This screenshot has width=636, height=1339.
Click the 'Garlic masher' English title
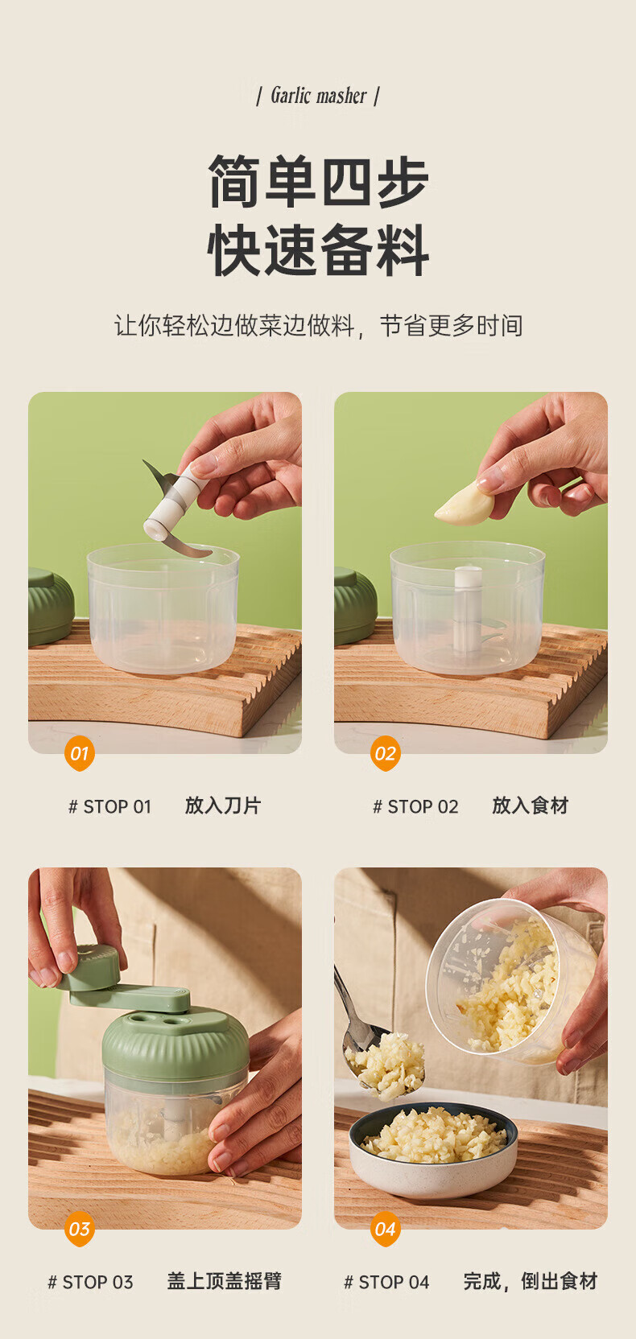(318, 96)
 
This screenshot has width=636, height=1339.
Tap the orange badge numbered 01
(80, 753)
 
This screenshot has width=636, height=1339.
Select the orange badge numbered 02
(386, 753)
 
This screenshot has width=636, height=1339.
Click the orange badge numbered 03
(80, 1229)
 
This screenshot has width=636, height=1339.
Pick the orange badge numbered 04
(386, 1229)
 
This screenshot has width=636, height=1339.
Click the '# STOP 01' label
(110, 806)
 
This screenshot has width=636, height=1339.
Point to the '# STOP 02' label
(416, 806)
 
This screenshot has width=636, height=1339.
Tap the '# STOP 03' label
(90, 1282)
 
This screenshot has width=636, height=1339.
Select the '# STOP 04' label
(386, 1282)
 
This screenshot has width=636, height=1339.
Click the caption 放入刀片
(222, 805)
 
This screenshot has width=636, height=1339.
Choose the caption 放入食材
(530, 805)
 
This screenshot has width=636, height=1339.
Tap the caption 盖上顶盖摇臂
(225, 1281)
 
